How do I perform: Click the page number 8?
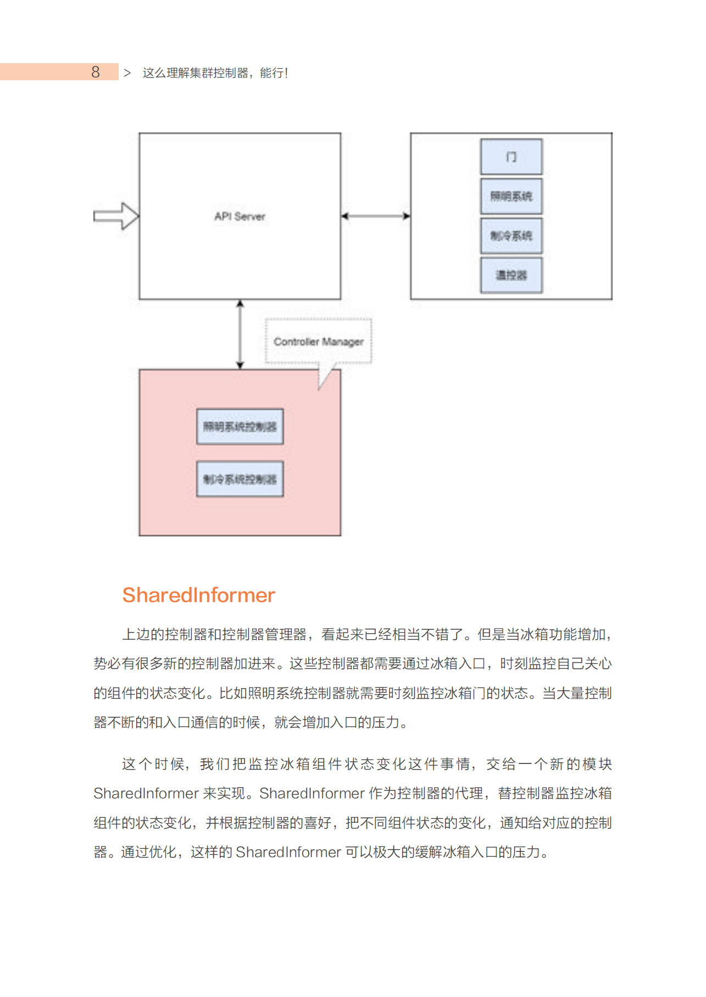point(96,72)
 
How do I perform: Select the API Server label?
point(240,217)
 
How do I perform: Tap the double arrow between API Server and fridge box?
point(375,216)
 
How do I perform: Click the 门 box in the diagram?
point(511,157)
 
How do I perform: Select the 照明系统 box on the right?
point(511,196)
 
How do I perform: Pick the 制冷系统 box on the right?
point(511,236)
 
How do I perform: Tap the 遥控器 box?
point(511,275)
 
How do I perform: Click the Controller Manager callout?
point(318,341)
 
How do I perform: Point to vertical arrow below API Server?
point(240,334)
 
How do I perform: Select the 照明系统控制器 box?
point(240,427)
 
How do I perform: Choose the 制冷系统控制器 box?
point(240,479)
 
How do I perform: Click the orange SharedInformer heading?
point(198,595)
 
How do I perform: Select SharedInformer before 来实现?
point(146,793)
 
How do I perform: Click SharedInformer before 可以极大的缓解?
point(288,852)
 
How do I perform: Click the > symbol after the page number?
point(127,73)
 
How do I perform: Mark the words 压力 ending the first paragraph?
point(386,722)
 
